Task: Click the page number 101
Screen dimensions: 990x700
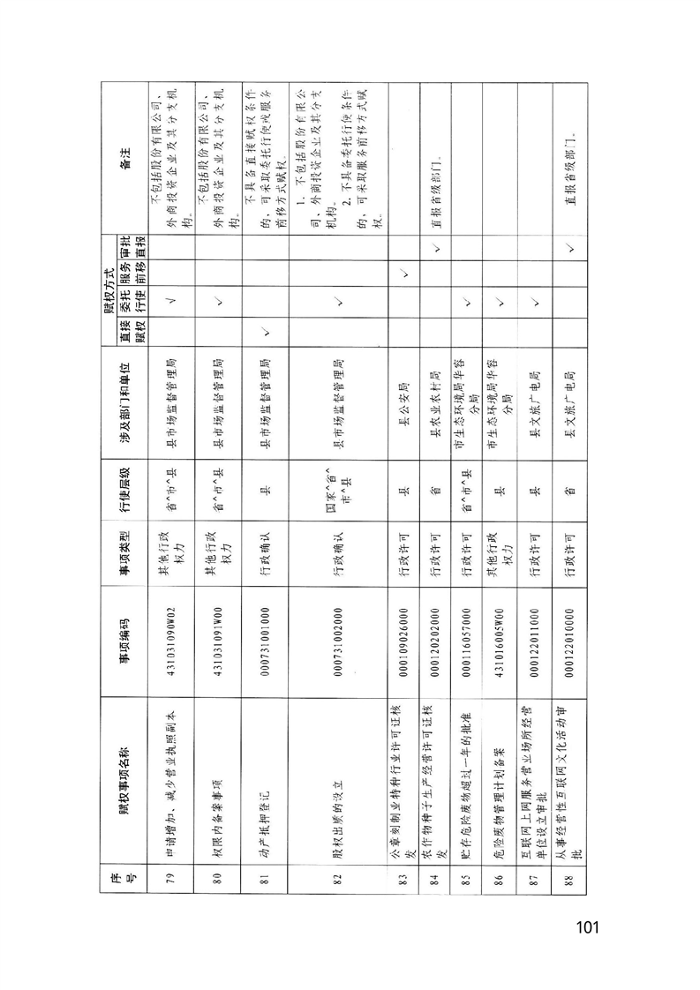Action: (587, 926)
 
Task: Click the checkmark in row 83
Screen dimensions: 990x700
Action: (403, 273)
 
